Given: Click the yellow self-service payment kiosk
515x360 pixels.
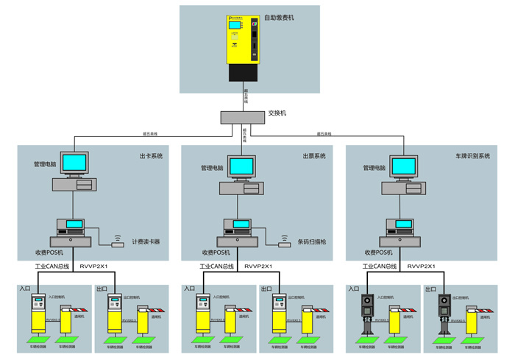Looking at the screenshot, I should tap(245, 40).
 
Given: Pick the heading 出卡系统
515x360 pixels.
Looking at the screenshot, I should tap(150, 156).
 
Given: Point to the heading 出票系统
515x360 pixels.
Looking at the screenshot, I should tap(314, 156).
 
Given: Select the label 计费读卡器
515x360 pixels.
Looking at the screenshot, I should tap(146, 241).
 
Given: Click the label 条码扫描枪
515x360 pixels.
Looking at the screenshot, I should tap(310, 241).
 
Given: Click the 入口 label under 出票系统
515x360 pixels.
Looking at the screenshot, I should tap(190, 289).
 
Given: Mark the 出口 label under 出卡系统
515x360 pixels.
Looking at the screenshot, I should tap(102, 289).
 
